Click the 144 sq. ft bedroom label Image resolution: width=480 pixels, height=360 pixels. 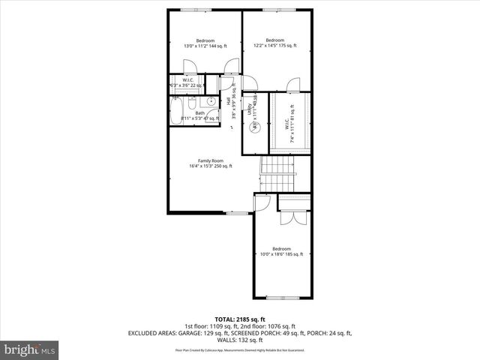point(205,43)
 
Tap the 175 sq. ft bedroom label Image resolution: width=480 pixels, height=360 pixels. point(274,43)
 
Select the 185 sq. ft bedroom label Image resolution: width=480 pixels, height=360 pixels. point(281,252)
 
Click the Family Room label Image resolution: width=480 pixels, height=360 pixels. point(211,163)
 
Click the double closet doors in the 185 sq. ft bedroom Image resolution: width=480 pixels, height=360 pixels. point(289,218)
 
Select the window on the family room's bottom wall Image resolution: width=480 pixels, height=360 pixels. point(238,213)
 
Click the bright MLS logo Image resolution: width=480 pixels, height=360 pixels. point(30,349)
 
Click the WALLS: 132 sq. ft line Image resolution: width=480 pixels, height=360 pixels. point(239,339)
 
